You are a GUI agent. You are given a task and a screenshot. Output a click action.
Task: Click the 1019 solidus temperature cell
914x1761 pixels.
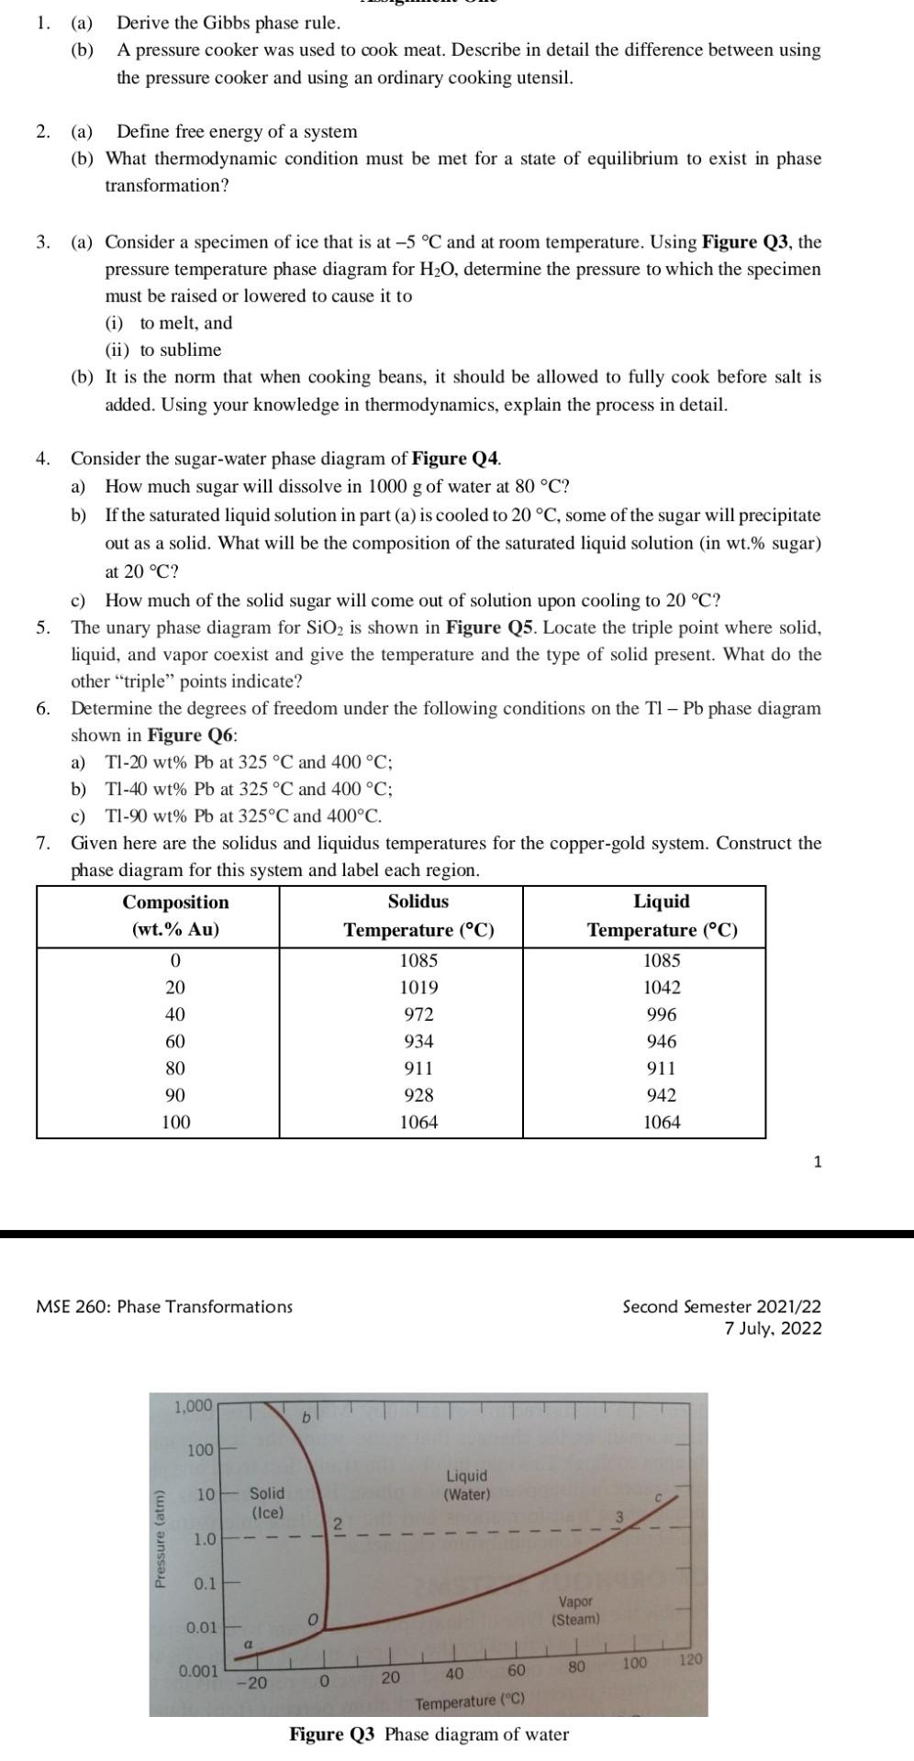[x=418, y=988]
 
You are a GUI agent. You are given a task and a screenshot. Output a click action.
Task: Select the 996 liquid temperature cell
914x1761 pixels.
[x=661, y=1014]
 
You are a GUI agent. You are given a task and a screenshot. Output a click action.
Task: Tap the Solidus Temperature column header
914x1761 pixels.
[x=418, y=915]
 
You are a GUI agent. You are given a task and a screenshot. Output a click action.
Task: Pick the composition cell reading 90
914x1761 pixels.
[x=174, y=1095]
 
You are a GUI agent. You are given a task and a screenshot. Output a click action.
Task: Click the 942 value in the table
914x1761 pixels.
[x=661, y=1095]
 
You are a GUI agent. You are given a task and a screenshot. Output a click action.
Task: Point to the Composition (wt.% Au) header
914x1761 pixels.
[x=175, y=915]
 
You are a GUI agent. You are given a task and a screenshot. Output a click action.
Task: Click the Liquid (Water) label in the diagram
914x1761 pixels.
[x=466, y=1484]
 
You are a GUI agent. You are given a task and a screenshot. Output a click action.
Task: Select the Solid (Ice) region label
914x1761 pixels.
[x=267, y=1502]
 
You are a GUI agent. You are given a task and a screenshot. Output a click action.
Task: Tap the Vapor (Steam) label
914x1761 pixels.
[x=575, y=1610]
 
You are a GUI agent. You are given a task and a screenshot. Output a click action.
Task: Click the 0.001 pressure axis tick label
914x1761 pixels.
[x=198, y=1671]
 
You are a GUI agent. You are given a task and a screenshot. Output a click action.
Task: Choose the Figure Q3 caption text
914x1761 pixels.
[x=429, y=1734]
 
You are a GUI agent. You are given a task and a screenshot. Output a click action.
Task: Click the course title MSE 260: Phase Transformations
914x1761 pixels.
[x=164, y=1306]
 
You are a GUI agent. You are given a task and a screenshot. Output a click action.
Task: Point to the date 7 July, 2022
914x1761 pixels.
[x=773, y=1329]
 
